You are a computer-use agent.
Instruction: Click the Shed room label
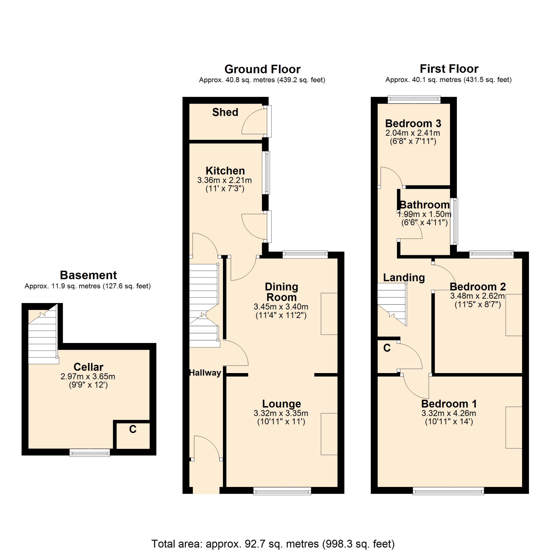(225, 112)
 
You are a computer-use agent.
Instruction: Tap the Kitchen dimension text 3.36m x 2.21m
(224, 180)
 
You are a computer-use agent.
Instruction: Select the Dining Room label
(282, 292)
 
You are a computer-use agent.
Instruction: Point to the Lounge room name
(282, 403)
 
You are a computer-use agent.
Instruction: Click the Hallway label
(205, 372)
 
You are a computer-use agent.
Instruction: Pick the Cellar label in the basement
(88, 367)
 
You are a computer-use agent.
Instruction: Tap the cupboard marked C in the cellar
(133, 435)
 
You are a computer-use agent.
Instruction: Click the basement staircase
(43, 335)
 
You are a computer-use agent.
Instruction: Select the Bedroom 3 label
(413, 123)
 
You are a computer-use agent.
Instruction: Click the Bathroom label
(424, 205)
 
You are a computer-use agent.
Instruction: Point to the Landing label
(404, 278)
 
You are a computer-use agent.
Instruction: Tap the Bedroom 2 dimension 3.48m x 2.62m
(477, 296)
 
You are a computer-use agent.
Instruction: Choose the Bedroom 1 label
(449, 403)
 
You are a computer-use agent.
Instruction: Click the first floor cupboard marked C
(387, 348)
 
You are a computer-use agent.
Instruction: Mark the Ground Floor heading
(262, 69)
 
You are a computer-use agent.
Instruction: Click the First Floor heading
(449, 69)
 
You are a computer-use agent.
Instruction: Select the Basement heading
(88, 275)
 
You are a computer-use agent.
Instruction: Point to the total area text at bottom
(273, 544)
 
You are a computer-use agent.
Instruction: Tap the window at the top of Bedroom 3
(414, 100)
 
